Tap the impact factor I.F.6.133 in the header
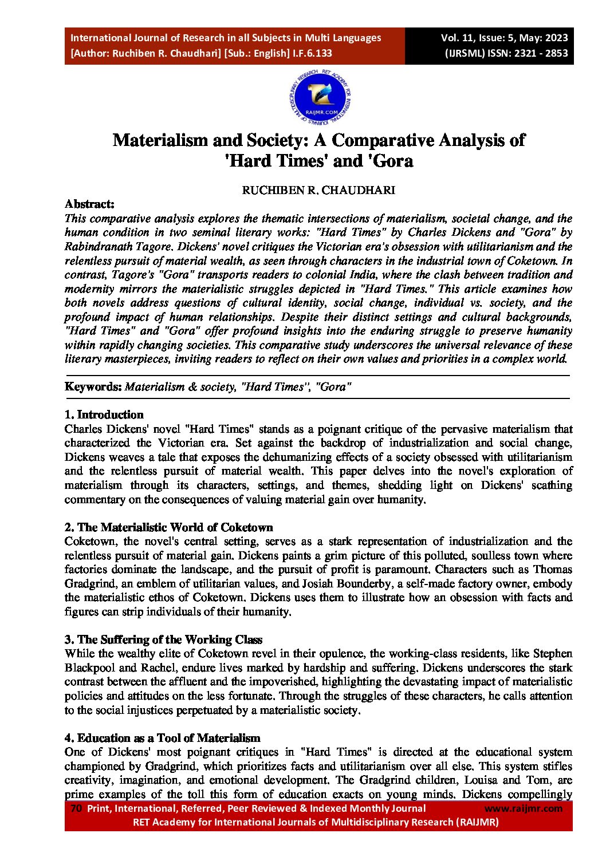(x=312, y=53)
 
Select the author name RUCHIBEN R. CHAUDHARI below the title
(x=318, y=191)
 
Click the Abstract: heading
(x=89, y=204)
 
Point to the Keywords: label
(x=93, y=387)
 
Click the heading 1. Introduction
(x=104, y=414)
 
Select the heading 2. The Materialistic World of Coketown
(x=168, y=527)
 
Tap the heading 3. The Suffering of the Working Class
(x=163, y=639)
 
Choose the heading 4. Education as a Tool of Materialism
(x=162, y=738)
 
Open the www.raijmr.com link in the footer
(x=524, y=808)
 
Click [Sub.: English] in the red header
(x=257, y=53)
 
